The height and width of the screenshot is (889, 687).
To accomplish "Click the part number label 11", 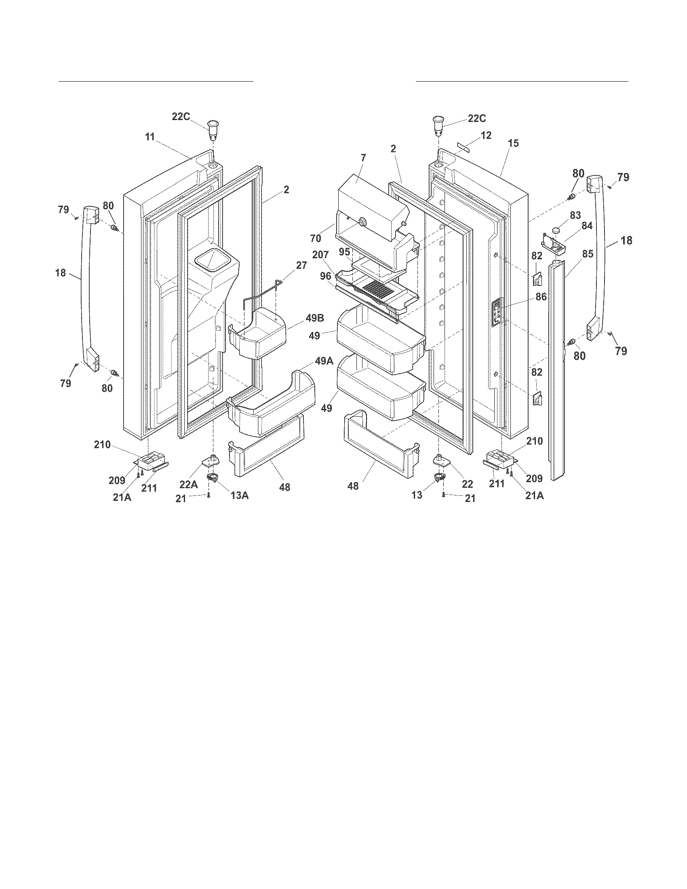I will click(x=150, y=137).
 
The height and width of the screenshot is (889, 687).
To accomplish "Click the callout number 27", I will click(x=301, y=266).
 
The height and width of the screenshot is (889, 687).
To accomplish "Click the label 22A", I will click(x=189, y=485).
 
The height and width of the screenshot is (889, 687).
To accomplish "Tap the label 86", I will click(x=541, y=297).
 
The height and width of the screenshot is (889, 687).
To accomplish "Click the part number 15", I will click(x=513, y=143).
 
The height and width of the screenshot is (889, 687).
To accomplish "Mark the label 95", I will click(x=344, y=252).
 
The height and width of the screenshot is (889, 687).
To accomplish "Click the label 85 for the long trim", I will click(x=587, y=255).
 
